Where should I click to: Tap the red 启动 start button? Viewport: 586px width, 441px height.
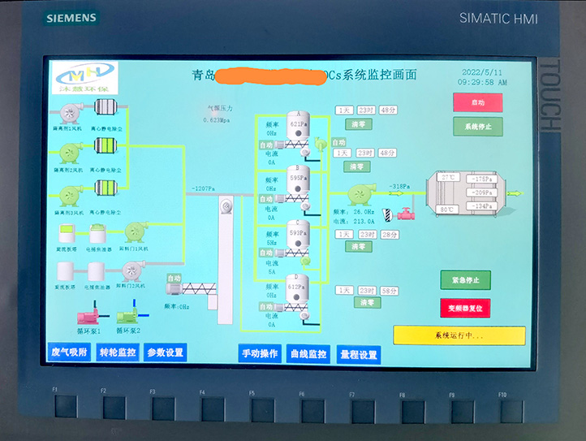click(x=477, y=103)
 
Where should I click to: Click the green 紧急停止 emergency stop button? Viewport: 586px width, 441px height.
click(x=465, y=280)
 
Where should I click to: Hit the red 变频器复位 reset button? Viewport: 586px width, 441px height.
click(x=465, y=308)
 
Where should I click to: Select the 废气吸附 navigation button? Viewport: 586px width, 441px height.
click(x=68, y=352)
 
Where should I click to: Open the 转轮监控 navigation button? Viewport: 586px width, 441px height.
click(x=118, y=352)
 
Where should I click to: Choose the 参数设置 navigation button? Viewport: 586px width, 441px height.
click(x=166, y=352)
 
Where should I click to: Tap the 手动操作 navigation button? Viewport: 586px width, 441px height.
click(x=261, y=354)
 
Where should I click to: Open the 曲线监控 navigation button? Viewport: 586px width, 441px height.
click(x=308, y=354)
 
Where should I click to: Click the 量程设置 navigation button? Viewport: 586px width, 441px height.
click(x=358, y=354)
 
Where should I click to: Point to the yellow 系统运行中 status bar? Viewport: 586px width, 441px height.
click(x=459, y=335)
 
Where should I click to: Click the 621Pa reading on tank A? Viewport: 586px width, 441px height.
click(x=298, y=124)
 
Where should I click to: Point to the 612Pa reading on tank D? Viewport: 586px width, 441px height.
click(x=298, y=287)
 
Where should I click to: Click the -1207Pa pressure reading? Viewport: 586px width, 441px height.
click(x=203, y=189)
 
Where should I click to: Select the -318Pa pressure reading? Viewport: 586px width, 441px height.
click(x=398, y=187)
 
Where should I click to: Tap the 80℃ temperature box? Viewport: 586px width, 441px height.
click(x=448, y=210)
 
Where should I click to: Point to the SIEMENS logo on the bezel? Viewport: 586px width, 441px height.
click(x=71, y=18)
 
